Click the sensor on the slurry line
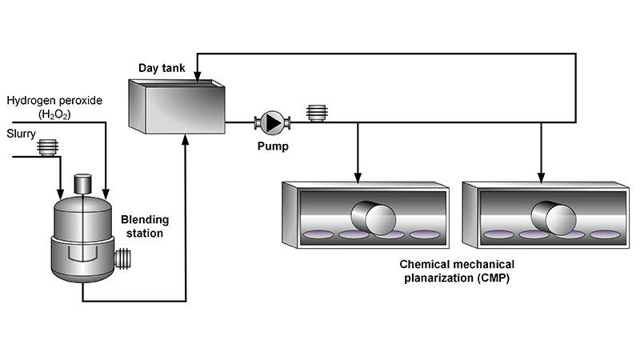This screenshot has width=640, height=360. (x=50, y=146)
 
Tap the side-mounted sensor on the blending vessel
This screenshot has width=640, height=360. (x=122, y=258)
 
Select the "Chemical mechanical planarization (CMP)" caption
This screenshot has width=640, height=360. (x=458, y=271)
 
